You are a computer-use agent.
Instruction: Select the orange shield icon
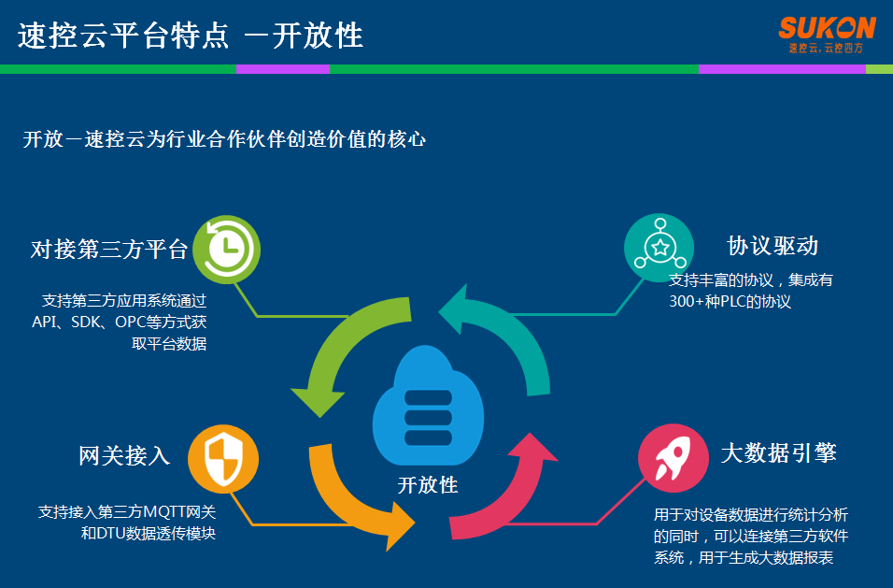pos(223,457)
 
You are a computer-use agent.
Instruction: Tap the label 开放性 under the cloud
pos(428,485)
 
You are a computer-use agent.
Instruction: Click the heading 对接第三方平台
pos(109,250)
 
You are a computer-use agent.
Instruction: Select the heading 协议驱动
pos(773,246)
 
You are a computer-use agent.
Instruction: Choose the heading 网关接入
pos(124,456)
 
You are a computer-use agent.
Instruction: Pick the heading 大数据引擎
pos(778,453)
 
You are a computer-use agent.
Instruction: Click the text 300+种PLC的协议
pos(730,302)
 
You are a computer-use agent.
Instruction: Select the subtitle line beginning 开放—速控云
pos(224,140)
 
